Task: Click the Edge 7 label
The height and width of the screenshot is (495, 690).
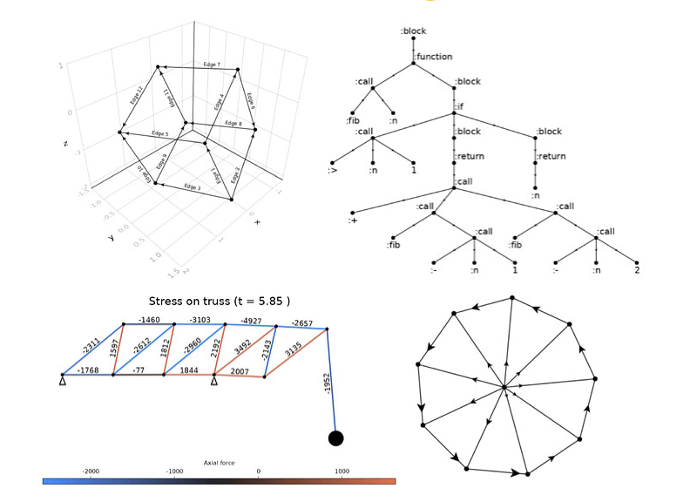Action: click(x=212, y=65)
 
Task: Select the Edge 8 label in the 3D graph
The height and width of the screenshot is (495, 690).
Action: click(x=233, y=124)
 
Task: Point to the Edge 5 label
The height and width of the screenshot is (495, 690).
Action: click(x=159, y=133)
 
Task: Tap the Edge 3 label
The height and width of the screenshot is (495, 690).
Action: click(x=192, y=187)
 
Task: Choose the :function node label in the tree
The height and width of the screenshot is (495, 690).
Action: click(x=434, y=57)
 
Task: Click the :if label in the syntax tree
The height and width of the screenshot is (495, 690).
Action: click(x=459, y=106)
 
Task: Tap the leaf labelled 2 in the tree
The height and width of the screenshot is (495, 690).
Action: click(x=638, y=271)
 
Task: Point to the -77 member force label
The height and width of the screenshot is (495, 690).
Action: click(x=139, y=370)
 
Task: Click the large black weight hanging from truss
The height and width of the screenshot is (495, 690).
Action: click(x=335, y=437)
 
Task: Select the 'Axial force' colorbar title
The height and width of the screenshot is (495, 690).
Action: click(x=220, y=463)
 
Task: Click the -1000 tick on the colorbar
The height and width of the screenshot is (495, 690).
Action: click(x=175, y=471)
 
